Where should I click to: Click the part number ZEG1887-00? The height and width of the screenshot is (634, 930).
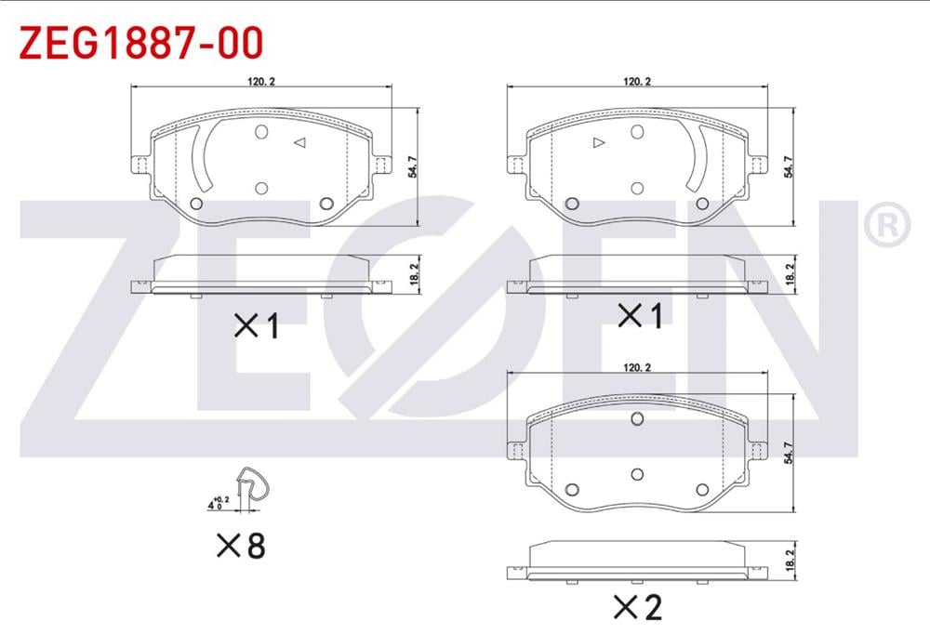pos(141,43)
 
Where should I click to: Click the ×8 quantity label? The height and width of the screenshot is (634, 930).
pos(241,546)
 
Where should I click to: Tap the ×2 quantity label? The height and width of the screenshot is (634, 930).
pos(638,607)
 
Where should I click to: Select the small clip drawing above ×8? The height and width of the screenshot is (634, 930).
pos(252,486)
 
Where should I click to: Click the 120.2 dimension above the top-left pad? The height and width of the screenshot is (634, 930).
pos(261,81)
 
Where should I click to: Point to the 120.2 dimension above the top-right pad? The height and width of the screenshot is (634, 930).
pos(636,81)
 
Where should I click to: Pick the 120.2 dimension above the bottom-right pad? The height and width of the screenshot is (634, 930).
pos(636,368)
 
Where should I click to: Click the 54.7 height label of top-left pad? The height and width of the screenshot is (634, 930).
pos(413,166)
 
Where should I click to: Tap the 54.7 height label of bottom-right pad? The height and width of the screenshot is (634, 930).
pos(789,453)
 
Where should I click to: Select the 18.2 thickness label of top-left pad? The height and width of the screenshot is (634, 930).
pos(414,274)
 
